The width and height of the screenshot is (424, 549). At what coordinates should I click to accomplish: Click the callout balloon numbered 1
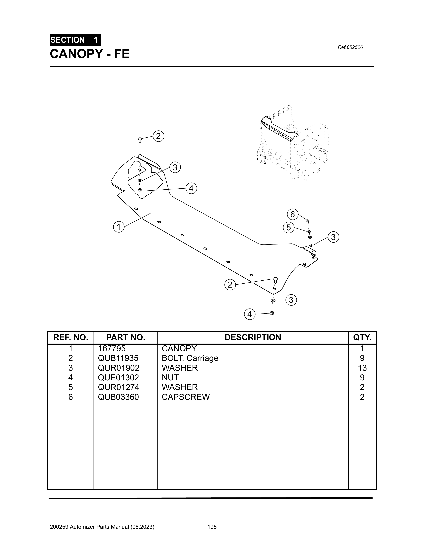coord(119,227)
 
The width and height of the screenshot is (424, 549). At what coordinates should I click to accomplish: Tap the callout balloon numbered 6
coord(292,214)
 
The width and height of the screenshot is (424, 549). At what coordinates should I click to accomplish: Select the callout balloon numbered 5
coord(288,228)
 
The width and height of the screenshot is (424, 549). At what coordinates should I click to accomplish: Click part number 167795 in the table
coord(112,348)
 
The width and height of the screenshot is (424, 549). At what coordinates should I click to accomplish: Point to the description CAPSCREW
coord(186,397)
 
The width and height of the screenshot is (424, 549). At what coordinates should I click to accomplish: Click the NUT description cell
coord(170,378)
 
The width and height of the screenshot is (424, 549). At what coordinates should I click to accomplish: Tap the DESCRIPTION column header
coord(253,337)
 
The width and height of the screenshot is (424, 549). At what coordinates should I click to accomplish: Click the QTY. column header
coord(362,337)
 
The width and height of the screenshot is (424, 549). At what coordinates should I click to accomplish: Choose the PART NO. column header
coord(126,337)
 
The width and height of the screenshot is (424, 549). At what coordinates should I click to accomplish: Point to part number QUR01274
coord(118,387)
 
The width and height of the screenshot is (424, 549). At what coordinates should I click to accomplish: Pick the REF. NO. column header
coord(71,337)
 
